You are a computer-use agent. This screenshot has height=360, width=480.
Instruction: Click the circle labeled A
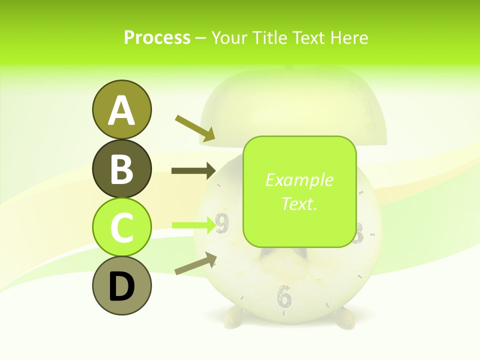(x=121, y=109)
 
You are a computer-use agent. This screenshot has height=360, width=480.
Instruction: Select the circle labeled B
(x=121, y=168)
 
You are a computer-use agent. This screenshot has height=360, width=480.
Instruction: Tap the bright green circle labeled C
(x=121, y=227)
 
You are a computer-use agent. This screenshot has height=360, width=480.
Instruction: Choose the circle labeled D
(x=121, y=285)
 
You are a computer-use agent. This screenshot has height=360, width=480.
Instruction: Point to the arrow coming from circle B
(x=193, y=171)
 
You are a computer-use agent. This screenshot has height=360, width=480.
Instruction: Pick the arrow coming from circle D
(x=195, y=264)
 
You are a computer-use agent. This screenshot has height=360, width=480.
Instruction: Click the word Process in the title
(x=157, y=37)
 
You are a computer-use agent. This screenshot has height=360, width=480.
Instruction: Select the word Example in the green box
(x=299, y=180)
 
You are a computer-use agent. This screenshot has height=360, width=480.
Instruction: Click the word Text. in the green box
(x=299, y=203)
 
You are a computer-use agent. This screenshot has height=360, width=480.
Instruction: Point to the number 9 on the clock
(x=222, y=224)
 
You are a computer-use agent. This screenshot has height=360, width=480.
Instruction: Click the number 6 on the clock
(x=284, y=296)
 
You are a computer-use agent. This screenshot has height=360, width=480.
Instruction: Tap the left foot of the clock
(x=233, y=316)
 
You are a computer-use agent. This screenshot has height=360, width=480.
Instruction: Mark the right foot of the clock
(x=344, y=318)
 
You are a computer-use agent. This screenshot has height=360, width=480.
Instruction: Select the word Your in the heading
(x=230, y=37)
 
